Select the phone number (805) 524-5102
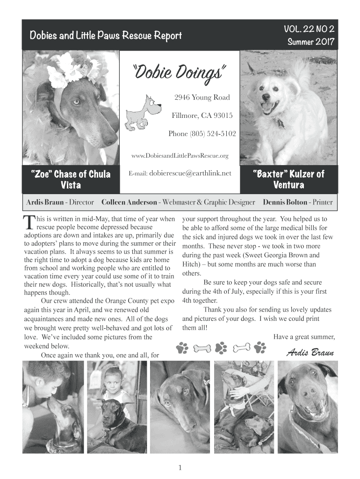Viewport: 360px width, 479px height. tap(202, 134)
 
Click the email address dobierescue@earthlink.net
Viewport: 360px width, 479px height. tap(190, 174)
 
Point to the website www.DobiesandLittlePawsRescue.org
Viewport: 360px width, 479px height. tap(180, 155)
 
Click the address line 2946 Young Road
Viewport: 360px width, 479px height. tap(202, 97)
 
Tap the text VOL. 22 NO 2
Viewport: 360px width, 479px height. tap(309, 30)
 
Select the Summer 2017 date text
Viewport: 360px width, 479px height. tap(311, 42)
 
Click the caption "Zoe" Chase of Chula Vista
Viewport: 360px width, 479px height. tap(70, 180)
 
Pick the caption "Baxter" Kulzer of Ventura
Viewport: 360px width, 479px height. tap(288, 180)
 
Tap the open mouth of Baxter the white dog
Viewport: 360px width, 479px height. tap(268, 108)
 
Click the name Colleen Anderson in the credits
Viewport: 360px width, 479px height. tap(130, 203)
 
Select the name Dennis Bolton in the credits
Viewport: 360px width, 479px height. tap(284, 203)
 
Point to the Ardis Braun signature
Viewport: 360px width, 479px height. tap(310, 352)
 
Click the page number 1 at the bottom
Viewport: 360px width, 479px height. tap(180, 467)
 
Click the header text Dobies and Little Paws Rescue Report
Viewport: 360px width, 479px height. tap(106, 36)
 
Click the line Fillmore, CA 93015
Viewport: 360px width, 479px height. tap(202, 116)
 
